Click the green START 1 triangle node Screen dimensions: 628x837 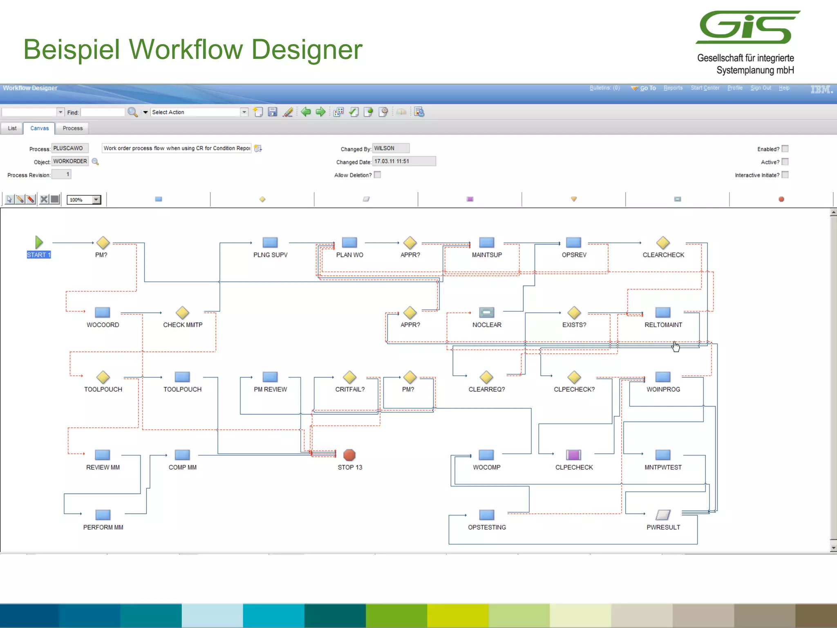point(38,242)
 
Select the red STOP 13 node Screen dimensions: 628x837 point(349,455)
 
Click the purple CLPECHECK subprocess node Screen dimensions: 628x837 point(573,455)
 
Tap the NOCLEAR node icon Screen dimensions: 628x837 point(486,313)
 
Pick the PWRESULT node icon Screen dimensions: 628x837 point(663,515)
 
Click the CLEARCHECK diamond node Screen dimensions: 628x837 point(663,243)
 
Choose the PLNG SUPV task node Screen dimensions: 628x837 point(270,242)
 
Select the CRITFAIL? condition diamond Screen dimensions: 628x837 point(349,377)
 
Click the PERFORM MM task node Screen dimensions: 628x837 point(103,515)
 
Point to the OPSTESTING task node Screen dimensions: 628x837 point(486,515)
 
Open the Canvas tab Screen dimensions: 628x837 point(39,128)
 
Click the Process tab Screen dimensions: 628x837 point(72,128)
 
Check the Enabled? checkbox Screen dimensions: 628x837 point(785,149)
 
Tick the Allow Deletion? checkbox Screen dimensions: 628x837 point(378,175)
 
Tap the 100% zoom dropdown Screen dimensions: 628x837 point(84,200)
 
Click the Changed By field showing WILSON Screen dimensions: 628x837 point(390,148)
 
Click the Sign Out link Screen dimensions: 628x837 point(761,88)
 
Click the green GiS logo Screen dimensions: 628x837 point(748,27)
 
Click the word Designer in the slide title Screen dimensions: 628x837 point(307,49)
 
